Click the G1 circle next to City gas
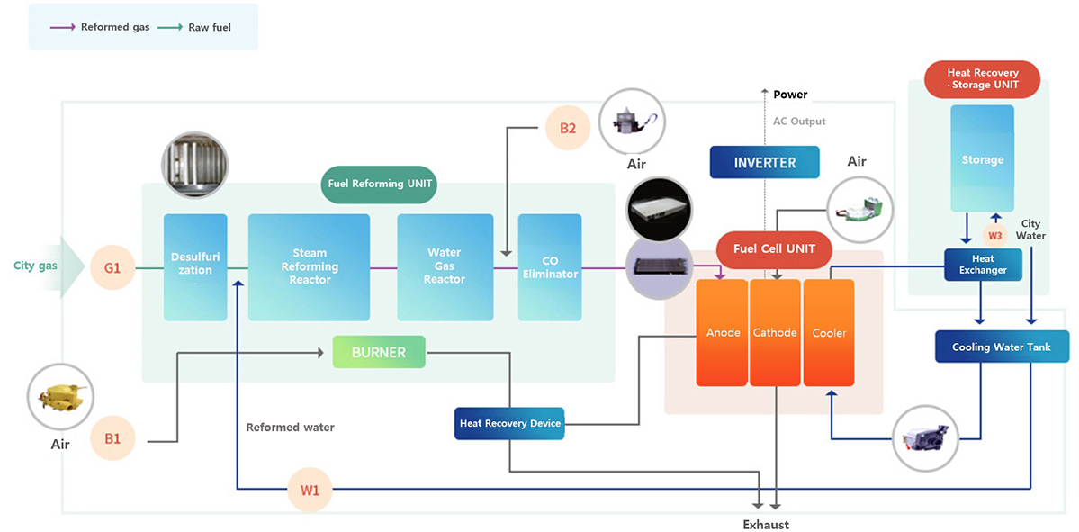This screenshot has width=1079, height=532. (x=112, y=267)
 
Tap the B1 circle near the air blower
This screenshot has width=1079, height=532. (x=112, y=439)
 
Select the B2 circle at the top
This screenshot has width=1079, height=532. (x=568, y=128)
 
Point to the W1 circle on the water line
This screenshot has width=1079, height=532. (x=310, y=491)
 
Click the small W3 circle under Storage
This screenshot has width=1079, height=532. (x=994, y=235)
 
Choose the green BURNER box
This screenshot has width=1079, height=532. (x=379, y=352)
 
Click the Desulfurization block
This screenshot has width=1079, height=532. (x=195, y=267)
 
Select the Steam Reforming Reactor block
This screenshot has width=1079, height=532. (x=309, y=267)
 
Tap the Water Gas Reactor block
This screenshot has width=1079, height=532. (x=445, y=267)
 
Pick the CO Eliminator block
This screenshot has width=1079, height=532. (x=550, y=267)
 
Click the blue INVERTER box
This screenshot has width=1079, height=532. (x=765, y=163)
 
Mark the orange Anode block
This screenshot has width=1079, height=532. (x=723, y=332)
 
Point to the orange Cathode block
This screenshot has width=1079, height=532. (x=775, y=332)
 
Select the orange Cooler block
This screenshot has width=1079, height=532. (x=829, y=332)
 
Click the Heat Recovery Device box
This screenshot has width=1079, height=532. (x=510, y=423)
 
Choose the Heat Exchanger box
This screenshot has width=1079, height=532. (x=983, y=265)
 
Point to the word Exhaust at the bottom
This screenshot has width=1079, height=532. (x=765, y=524)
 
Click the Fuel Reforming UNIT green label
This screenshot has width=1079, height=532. (x=379, y=184)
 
